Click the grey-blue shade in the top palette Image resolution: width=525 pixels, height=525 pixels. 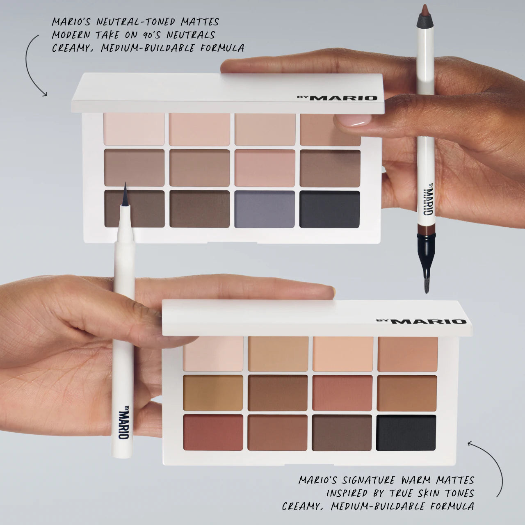click(x=265, y=209)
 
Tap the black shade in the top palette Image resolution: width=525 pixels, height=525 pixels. click(x=329, y=209)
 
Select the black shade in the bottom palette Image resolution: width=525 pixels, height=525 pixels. click(x=406, y=433)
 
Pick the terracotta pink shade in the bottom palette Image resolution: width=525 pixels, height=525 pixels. click(x=342, y=393)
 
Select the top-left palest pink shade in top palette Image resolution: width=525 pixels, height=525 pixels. click(x=134, y=129)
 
